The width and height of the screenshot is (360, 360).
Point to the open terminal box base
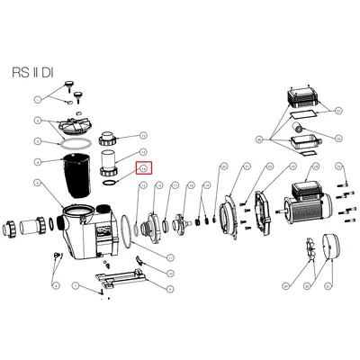point(303,145)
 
